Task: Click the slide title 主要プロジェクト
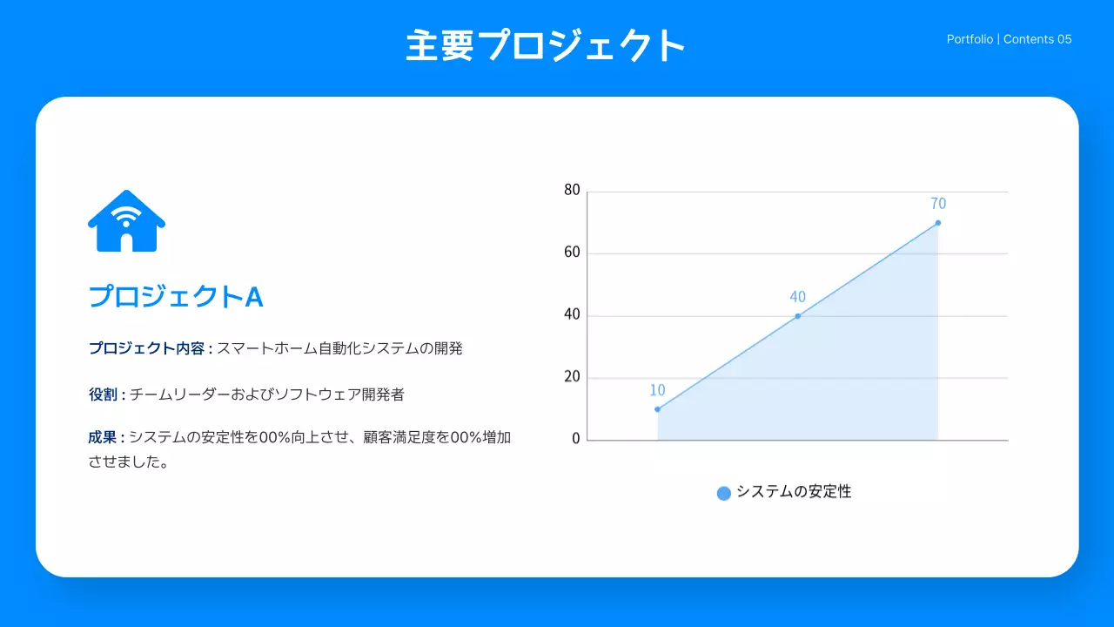[x=546, y=45]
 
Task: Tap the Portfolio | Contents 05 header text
[x=1009, y=39]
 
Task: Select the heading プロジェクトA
[x=176, y=297]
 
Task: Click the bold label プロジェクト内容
[x=146, y=348]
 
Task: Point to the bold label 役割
[x=103, y=394]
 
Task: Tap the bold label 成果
[x=103, y=437]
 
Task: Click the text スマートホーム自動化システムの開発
[x=339, y=348]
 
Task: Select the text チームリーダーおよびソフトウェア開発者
[x=267, y=394]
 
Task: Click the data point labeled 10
[x=657, y=409]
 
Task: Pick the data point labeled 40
[x=797, y=316]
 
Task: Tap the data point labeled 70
[x=937, y=223]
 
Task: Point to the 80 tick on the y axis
[x=572, y=190]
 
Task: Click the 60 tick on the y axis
[x=572, y=253]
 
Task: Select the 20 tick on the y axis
[x=572, y=378]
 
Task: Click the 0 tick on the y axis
[x=575, y=439]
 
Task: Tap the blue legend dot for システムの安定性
[x=723, y=493]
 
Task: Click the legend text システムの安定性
[x=794, y=492]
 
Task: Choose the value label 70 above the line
[x=937, y=204]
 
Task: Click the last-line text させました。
[x=128, y=462]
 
